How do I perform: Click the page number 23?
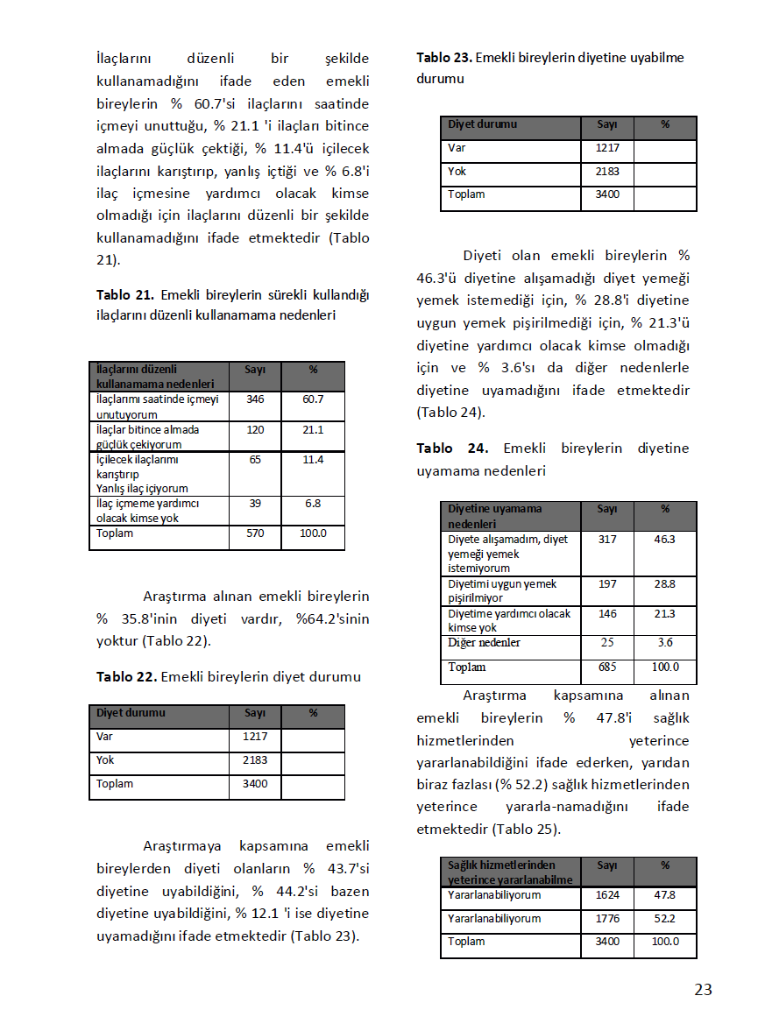[703, 990]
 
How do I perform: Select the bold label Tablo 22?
[125, 676]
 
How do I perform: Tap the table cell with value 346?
[255, 399]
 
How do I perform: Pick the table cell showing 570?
[255, 533]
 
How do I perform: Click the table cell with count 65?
[255, 460]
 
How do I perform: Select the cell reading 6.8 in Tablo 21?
[313, 504]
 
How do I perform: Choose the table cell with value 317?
[607, 540]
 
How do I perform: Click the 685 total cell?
[607, 667]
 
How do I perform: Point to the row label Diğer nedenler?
[485, 643]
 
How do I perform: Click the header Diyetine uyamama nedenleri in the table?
[494, 516]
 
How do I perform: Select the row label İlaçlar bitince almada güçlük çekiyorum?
[148, 436]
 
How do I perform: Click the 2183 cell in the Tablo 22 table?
[255, 760]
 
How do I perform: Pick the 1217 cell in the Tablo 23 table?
[607, 148]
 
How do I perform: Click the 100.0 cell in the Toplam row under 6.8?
[313, 533]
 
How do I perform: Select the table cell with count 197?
[607, 584]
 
